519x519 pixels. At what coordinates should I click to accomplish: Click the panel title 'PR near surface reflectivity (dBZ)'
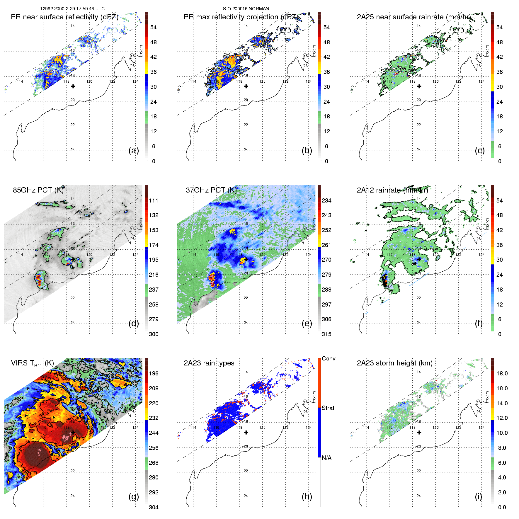click(x=64, y=17)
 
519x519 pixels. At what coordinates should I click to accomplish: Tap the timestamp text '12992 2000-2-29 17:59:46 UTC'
click(x=72, y=9)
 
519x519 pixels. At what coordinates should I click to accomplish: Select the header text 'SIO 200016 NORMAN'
click(x=246, y=9)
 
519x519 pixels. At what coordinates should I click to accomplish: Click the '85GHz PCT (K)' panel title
click(x=38, y=190)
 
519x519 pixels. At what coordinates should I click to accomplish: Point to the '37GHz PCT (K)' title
click(x=211, y=190)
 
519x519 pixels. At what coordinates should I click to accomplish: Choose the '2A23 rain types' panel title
click(x=209, y=363)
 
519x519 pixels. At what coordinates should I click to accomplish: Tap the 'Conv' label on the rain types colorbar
click(x=329, y=358)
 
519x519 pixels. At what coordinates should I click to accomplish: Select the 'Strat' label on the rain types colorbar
click(x=328, y=408)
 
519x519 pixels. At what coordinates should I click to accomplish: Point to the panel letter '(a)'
click(x=134, y=150)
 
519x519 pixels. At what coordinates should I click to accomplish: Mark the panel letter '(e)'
click(x=307, y=323)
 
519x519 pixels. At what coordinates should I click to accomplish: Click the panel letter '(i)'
click(x=479, y=496)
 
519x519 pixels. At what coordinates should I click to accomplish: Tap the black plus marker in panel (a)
click(x=73, y=86)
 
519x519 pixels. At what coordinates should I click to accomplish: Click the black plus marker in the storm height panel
click(x=419, y=432)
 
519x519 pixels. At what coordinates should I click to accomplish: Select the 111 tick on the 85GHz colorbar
click(x=154, y=200)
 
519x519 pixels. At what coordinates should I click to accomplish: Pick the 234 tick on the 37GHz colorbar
click(x=326, y=200)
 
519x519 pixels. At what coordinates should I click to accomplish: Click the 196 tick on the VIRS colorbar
click(x=154, y=373)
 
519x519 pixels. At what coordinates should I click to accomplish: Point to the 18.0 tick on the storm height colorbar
click(x=502, y=373)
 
